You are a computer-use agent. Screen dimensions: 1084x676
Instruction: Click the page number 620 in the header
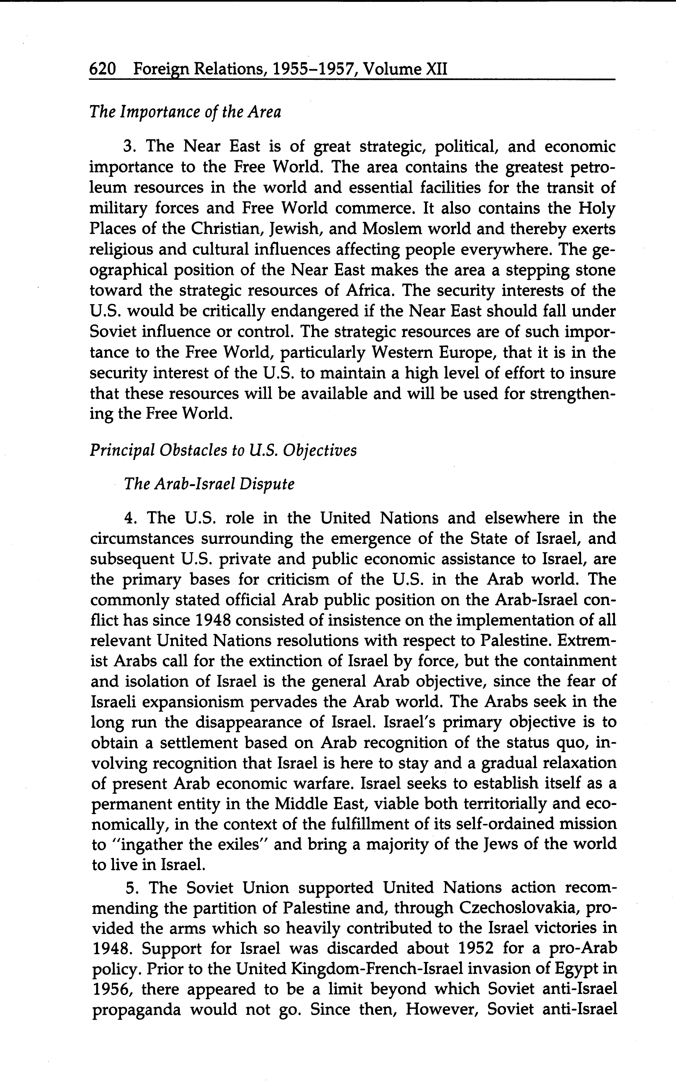tap(103, 69)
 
